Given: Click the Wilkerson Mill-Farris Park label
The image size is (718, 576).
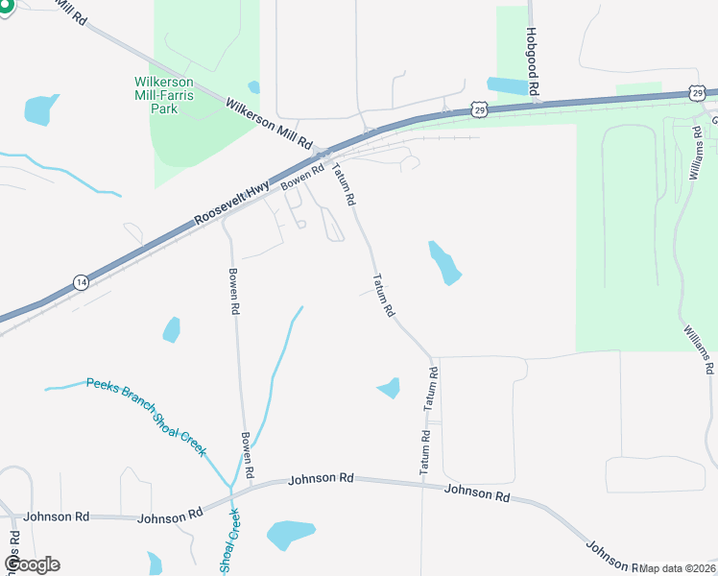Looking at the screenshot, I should click(x=164, y=95).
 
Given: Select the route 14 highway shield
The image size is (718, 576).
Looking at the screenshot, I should click(x=82, y=281).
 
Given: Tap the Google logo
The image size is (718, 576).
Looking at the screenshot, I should click(x=32, y=564).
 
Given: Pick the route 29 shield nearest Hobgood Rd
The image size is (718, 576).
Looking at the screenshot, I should click(x=479, y=109).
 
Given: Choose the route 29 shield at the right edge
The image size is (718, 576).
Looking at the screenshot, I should click(x=696, y=92).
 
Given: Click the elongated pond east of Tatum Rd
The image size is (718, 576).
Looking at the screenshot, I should click(x=443, y=262).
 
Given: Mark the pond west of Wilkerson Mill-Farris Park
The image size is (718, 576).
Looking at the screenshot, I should click(x=40, y=108).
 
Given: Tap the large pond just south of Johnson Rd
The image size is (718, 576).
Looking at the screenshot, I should click(x=290, y=533).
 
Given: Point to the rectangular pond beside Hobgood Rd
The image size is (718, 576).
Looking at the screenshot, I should click(x=508, y=84).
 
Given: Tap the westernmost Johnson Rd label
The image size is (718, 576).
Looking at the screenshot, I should click(x=56, y=516).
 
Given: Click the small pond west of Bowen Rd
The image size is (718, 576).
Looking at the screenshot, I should click(x=172, y=329).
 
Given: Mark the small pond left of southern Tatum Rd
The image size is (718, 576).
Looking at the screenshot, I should click(x=389, y=387).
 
